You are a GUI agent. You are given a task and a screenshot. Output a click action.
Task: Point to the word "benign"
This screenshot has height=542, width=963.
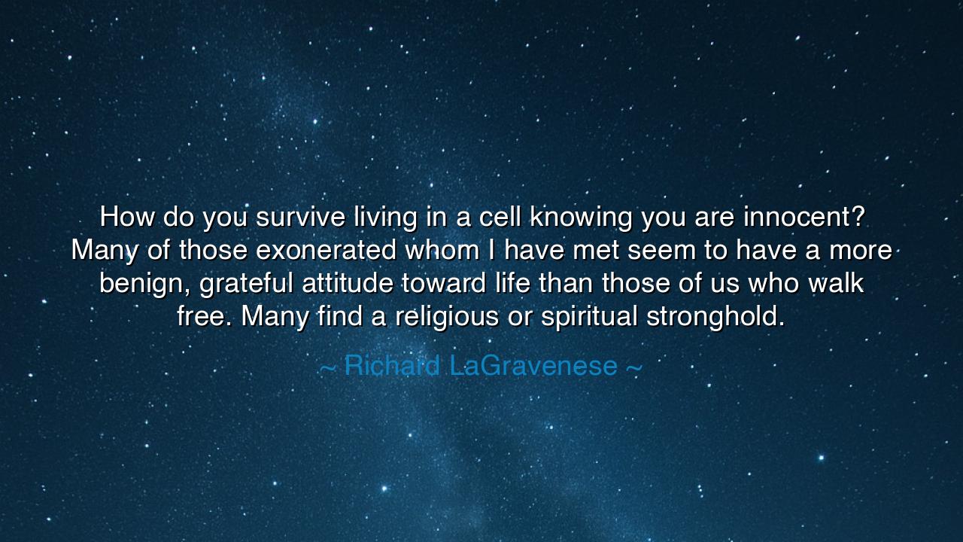tap(140, 285)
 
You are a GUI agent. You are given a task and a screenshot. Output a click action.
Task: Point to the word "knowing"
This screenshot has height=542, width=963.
tap(581, 218)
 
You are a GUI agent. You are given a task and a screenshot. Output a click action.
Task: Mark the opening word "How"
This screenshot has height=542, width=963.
tap(124, 218)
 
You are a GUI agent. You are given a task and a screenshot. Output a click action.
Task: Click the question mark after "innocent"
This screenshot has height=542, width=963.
tap(856, 218)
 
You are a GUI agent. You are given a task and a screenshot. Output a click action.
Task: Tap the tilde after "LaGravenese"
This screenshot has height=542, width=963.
tap(633, 367)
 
